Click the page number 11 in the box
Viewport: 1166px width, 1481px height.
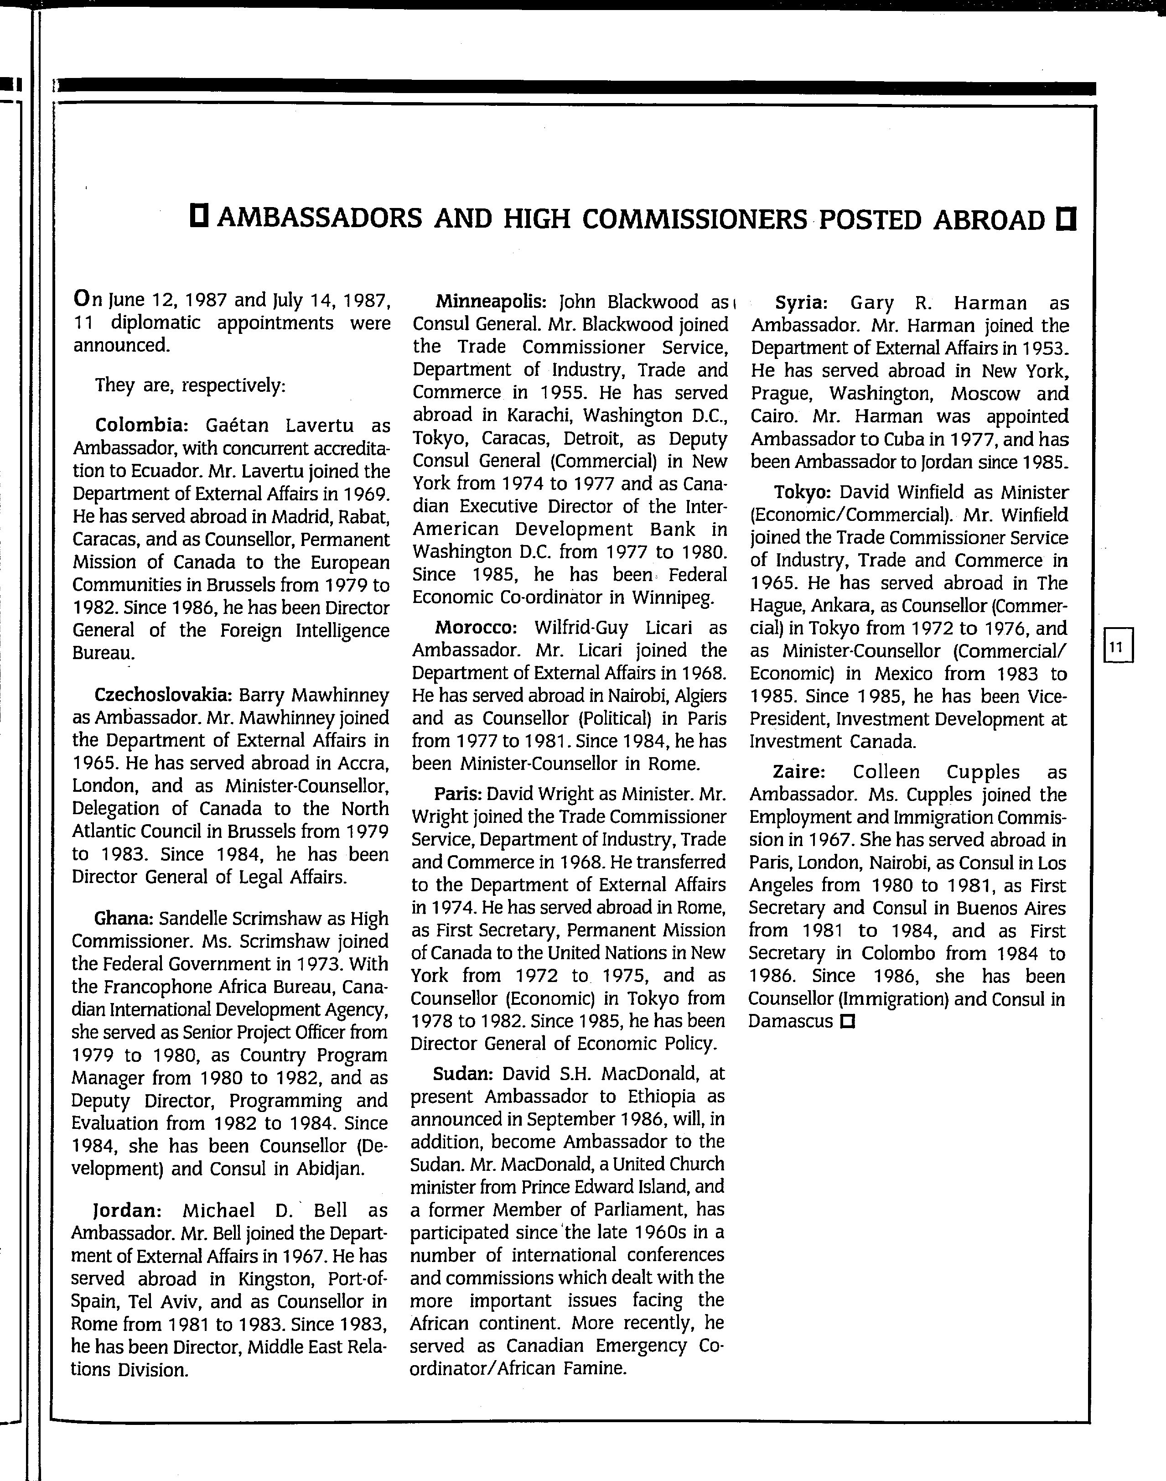(1117, 646)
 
